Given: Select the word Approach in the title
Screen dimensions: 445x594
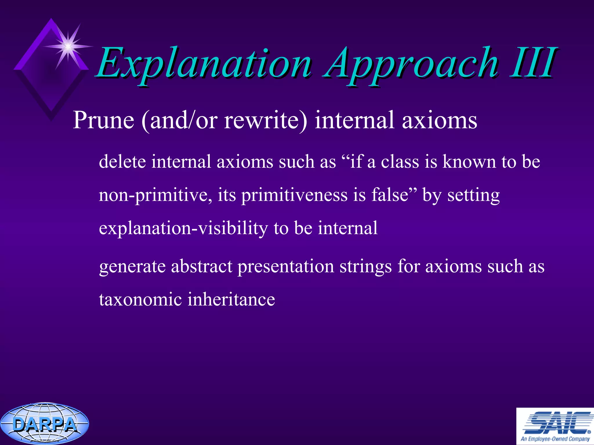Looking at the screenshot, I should [412, 64].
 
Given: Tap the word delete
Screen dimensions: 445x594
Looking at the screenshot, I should [122, 161].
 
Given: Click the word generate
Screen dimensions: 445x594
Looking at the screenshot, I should [132, 267].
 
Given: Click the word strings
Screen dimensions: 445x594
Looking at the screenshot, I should [366, 267].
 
